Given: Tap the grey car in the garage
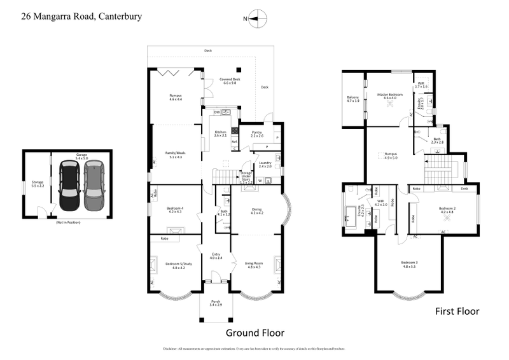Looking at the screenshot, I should click(x=93, y=185).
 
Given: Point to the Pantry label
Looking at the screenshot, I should click(x=256, y=134).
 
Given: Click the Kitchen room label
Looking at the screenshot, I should click(x=220, y=134).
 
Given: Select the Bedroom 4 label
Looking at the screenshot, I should click(x=174, y=209).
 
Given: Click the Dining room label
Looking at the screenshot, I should click(x=256, y=212).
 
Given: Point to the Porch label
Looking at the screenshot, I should click(x=216, y=303).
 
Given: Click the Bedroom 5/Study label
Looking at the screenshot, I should click(x=174, y=265).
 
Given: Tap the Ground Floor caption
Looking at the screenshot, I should click(x=255, y=333).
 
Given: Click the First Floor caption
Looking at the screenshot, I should click(x=457, y=311).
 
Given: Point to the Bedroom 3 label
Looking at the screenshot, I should click(x=409, y=263).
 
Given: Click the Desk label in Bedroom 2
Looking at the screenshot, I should click(x=465, y=189).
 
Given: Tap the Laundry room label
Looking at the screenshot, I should click(x=265, y=164).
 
